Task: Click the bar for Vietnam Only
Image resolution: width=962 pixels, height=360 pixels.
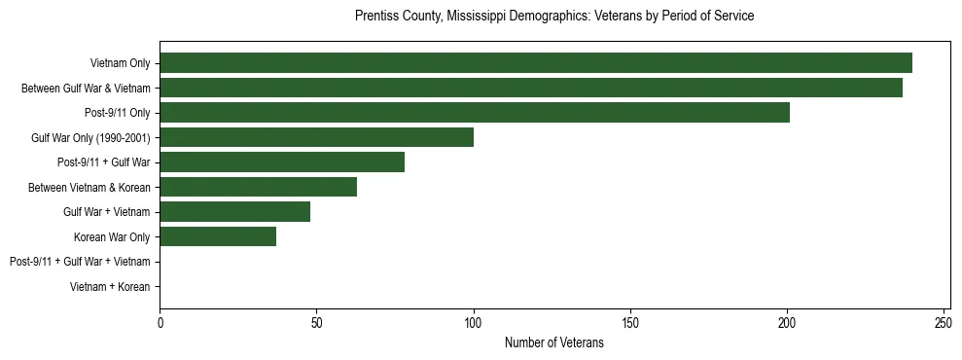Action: point(536,63)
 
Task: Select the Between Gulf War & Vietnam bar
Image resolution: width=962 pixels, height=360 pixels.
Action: point(531,88)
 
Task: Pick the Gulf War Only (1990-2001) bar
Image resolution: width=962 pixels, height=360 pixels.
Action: point(317,137)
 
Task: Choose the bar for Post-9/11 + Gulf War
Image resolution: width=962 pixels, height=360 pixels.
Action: point(282,162)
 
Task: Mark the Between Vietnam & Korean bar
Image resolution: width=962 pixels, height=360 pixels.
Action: point(259,187)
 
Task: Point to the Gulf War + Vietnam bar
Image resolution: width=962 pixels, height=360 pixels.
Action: point(235,212)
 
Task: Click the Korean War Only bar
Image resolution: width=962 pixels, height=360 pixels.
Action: point(218,236)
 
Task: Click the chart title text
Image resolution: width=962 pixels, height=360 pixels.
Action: point(554,17)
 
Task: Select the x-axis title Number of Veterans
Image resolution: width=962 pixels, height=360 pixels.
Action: point(554,342)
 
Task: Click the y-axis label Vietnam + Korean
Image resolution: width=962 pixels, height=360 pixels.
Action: point(110,287)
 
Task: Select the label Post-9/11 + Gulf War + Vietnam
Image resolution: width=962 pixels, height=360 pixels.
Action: point(80,262)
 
